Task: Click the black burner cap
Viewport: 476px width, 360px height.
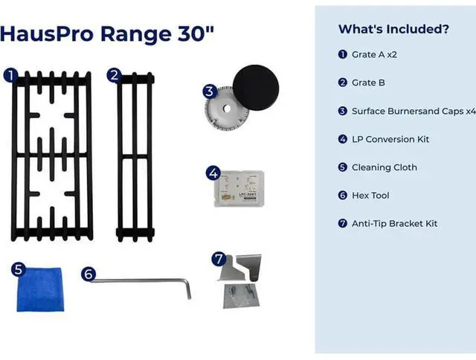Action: coord(256,88)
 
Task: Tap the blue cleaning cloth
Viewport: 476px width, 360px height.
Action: coord(40,289)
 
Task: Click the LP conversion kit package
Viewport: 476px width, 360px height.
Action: coord(239,189)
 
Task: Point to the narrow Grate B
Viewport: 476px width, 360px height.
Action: coord(135,157)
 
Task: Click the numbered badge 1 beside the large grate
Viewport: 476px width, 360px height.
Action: coord(10,76)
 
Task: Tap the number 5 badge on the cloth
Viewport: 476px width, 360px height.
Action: coord(18,269)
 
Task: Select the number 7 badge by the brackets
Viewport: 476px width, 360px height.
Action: coord(219,260)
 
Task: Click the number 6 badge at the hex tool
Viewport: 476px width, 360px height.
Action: coord(89,274)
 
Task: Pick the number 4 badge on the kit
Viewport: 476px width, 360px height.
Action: coord(213,173)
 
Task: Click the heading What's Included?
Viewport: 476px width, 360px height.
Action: coord(393,29)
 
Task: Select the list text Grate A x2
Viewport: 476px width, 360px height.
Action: coord(374,54)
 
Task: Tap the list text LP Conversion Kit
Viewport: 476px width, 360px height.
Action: coord(390,139)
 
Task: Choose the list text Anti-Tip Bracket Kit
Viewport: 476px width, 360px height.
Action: coord(395,224)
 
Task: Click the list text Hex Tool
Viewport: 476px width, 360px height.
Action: coord(370,196)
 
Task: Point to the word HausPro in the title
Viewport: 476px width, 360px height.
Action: coord(47,33)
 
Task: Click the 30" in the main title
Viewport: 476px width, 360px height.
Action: coord(196,33)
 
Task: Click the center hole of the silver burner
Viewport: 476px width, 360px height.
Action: coord(226,109)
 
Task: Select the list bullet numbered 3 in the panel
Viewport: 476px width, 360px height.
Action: coord(342,111)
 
